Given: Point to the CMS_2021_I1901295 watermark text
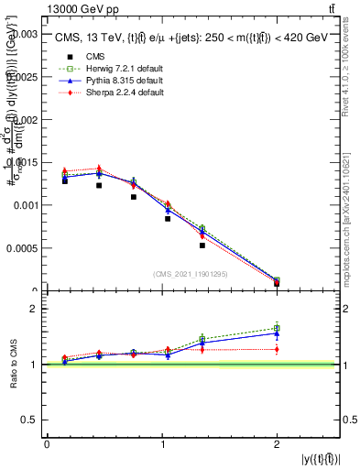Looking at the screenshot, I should click(x=191, y=273).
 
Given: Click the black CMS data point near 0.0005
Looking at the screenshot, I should click(x=202, y=245).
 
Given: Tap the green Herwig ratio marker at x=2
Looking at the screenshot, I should click(x=277, y=328).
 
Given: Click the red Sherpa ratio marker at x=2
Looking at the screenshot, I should click(x=277, y=349).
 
